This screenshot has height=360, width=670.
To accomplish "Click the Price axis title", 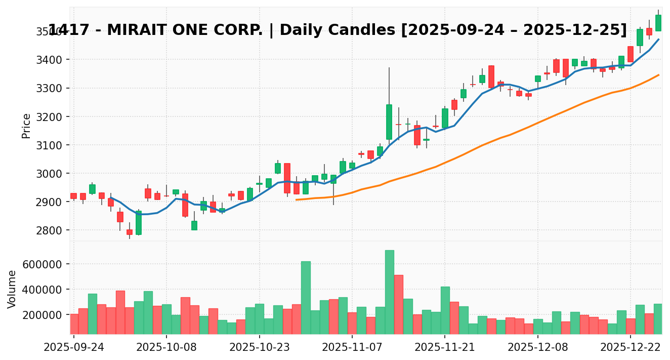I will click(26, 126).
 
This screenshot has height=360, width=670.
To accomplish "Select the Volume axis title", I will click(12, 289).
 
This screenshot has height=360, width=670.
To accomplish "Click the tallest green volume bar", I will click(389, 292).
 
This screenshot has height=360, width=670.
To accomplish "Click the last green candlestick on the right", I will click(658, 23).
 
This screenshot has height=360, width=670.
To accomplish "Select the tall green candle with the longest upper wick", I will click(389, 122).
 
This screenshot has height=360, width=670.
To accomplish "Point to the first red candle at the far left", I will click(74, 196).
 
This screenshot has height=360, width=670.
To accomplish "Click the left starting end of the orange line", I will click(296, 199).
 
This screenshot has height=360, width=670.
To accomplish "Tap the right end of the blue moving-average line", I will click(658, 39).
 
